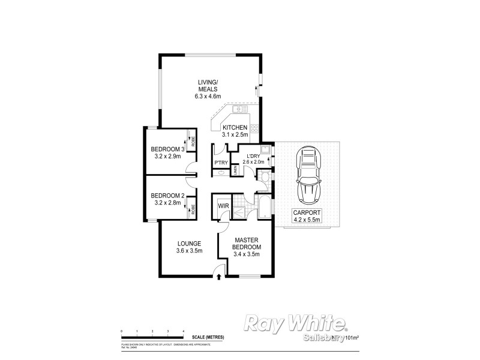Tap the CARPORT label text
pos(307,212)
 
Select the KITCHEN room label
pos(235,128)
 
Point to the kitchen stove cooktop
pos(254,128)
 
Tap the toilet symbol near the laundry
pos(263,175)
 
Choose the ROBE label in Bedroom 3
pos(193,142)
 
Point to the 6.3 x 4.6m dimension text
pos(208,96)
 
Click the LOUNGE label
pos(188,243)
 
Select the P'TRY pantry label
pos(220,163)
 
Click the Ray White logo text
pos(295,324)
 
